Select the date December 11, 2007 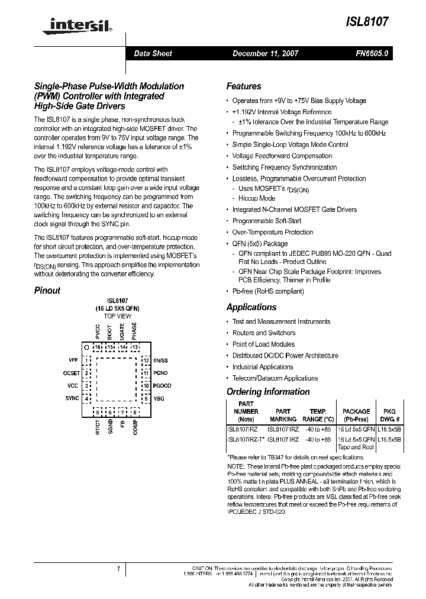click(265, 53)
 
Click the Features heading click(244, 86)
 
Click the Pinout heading click(47, 291)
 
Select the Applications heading click(251, 307)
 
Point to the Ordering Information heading click(268, 392)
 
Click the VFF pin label click(73, 360)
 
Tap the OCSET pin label click(71, 373)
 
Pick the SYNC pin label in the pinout click(72, 398)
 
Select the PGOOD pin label click(162, 386)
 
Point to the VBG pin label click(159, 398)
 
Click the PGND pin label click(160, 373)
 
